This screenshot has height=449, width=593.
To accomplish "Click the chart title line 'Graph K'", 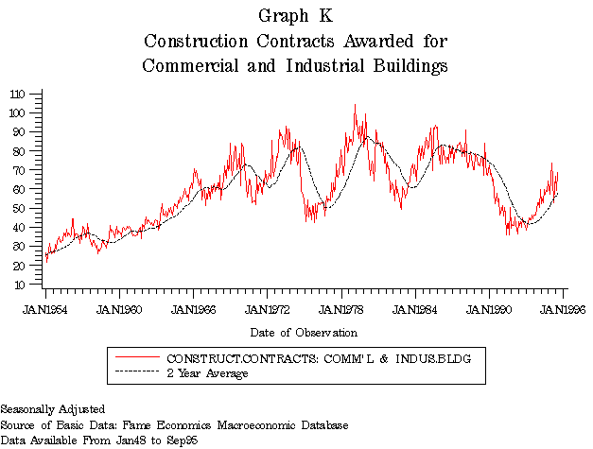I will [295, 16].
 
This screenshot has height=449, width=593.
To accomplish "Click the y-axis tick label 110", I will [19, 94].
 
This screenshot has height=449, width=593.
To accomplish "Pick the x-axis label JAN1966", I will [193, 309].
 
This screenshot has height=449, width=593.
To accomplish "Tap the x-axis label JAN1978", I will [341, 309].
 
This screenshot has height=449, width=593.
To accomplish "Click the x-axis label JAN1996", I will [564, 309].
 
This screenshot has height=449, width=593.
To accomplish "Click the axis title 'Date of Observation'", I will [304, 333].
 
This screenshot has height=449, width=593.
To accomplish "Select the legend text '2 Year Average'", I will [207, 374].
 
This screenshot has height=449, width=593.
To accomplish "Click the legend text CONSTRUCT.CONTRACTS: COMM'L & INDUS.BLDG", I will [319, 359].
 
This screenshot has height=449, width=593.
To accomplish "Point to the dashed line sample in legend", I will [136, 374].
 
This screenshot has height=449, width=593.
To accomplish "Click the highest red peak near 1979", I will [355, 105].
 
